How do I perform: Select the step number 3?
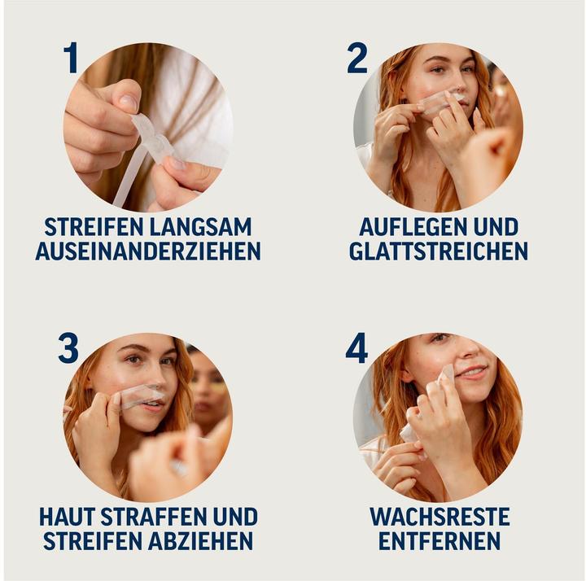click(x=68, y=348)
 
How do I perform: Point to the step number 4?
click(x=356, y=348)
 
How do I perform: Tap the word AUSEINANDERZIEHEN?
click(x=147, y=251)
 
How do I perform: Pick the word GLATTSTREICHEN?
click(x=438, y=251)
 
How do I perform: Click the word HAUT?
click(x=68, y=517)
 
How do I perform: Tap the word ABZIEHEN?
click(x=201, y=541)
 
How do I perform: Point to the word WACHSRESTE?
click(x=439, y=517)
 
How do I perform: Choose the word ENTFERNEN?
click(x=439, y=541)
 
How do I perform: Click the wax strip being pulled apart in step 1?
click(x=151, y=146)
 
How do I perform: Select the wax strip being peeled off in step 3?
click(x=140, y=396)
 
